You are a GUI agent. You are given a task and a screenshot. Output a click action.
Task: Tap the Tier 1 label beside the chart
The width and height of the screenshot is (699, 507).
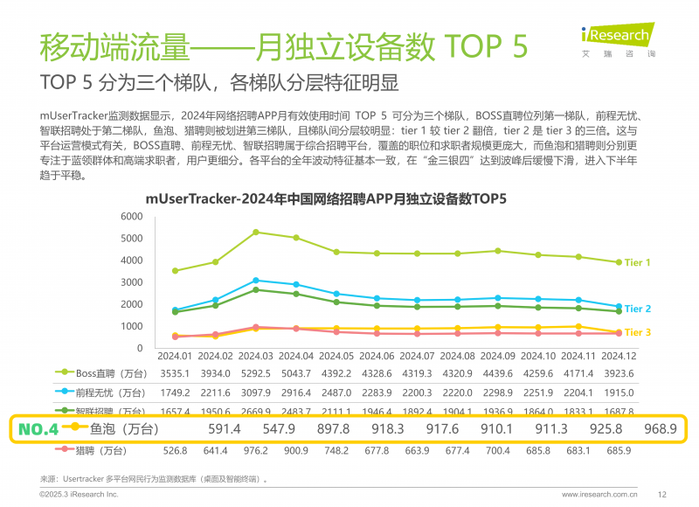click(x=637, y=263)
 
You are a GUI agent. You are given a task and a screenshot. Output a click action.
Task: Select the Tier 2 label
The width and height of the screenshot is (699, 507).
click(x=637, y=309)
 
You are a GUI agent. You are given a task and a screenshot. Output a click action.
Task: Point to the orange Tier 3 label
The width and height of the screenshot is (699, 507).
click(x=637, y=332)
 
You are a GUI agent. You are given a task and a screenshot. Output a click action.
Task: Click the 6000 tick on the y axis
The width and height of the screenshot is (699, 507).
click(x=131, y=216)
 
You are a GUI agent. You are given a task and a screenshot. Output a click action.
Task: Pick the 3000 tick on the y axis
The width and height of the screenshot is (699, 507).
click(x=131, y=281)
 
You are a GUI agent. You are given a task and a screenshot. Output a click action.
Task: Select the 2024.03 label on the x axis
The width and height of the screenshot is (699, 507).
click(x=255, y=357)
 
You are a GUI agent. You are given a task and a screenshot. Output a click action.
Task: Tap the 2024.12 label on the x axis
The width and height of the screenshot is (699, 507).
click(x=619, y=357)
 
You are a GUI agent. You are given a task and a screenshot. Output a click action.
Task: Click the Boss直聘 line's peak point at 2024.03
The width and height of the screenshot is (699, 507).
click(x=255, y=232)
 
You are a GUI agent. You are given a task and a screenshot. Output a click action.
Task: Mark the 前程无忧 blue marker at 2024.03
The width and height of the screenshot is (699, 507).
click(x=255, y=280)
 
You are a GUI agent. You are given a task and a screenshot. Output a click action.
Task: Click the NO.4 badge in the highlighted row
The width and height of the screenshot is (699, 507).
click(x=38, y=429)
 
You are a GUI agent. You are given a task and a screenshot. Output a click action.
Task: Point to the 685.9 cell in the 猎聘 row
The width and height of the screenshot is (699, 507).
click(x=619, y=450)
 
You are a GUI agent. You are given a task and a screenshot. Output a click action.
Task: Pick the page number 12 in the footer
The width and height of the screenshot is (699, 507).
click(x=661, y=494)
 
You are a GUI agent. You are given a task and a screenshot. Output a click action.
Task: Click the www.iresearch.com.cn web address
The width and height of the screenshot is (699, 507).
click(x=599, y=494)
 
